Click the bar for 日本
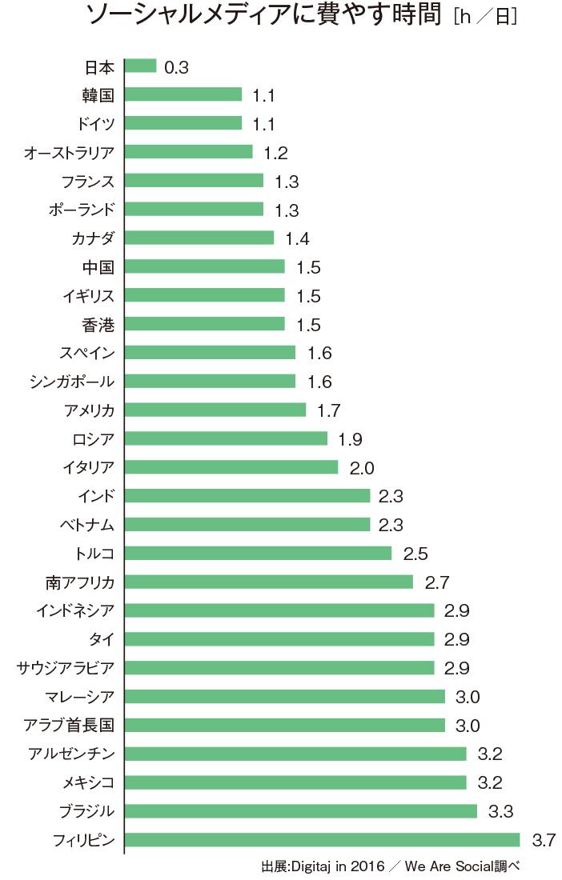tap(140, 66)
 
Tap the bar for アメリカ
tap(215, 410)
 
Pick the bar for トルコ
tap(258, 553)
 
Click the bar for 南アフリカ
tap(269, 582)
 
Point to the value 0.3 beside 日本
tap(176, 67)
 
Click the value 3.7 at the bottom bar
tap(543, 841)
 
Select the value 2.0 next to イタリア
tap(361, 468)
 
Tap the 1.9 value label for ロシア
tap(351, 439)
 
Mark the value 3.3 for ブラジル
tap(500, 812)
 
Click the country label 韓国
tap(98, 95)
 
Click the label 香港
tap(98, 324)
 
